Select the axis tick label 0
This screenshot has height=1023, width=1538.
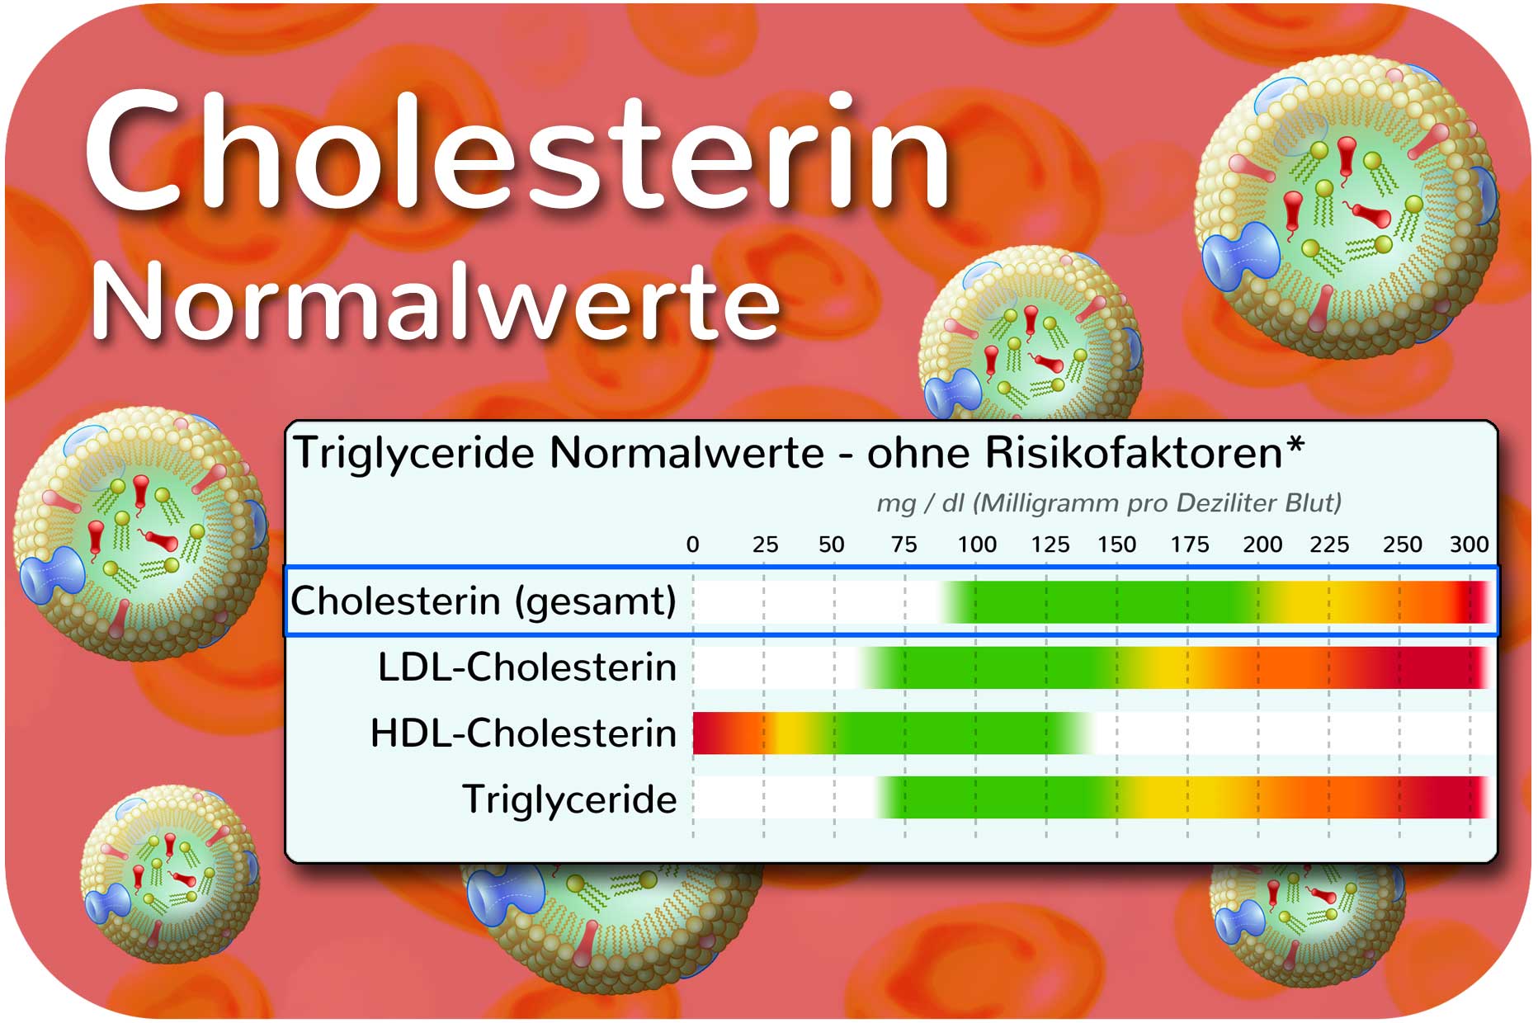[x=693, y=544]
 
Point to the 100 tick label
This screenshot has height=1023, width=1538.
[x=977, y=544]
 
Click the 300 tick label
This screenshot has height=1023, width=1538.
[x=1470, y=544]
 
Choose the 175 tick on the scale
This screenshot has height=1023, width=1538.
[x=1190, y=544]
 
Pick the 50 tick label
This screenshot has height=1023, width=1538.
[x=832, y=544]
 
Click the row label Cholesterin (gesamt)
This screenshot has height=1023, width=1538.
[x=484, y=601]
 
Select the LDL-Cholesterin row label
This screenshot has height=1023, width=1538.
[x=527, y=667]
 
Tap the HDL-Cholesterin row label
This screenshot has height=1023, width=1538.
[x=524, y=733]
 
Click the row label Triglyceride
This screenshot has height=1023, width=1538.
[x=570, y=799]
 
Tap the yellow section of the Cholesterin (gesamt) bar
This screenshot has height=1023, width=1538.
[x=1312, y=601]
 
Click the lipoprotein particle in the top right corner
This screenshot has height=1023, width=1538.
[x=1347, y=206]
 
